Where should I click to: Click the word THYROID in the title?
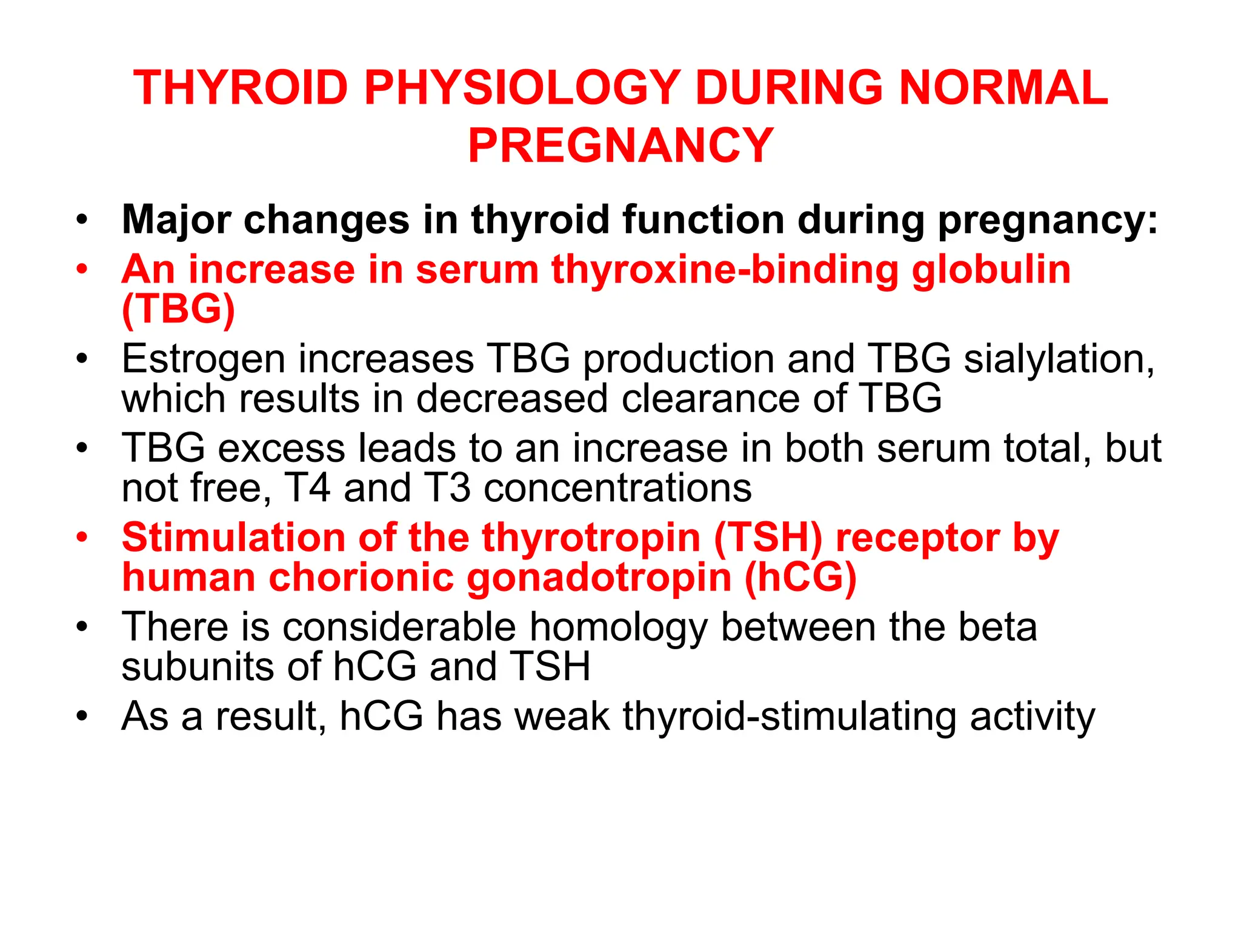241,88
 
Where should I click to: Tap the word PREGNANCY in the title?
620,146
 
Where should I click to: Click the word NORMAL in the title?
1003,88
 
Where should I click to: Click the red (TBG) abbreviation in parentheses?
178,309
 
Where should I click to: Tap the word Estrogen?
203,359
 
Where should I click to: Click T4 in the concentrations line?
307,488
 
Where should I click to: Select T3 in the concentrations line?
447,488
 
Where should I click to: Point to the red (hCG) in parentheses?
800,577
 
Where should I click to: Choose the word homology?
619,628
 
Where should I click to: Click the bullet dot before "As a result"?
82,716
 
